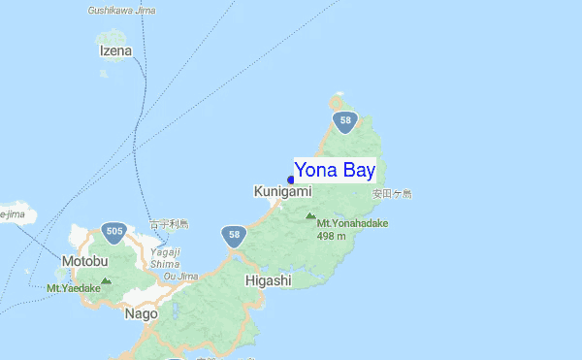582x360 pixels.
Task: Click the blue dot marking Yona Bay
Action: click(291, 180)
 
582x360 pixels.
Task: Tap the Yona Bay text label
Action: click(335, 170)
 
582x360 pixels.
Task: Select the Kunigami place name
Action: click(282, 192)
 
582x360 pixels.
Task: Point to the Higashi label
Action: click(268, 280)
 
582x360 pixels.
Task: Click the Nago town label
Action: click(141, 313)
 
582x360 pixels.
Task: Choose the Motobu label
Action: click(84, 261)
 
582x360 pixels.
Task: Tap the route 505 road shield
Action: click(115, 231)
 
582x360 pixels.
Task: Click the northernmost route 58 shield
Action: click(344, 121)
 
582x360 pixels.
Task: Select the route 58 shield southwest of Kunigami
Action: click(232, 234)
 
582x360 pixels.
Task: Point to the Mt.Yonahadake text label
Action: click(352, 223)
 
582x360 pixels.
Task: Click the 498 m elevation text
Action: click(332, 236)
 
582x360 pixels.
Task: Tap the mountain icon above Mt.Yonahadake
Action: click(310, 217)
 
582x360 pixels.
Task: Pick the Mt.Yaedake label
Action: click(73, 288)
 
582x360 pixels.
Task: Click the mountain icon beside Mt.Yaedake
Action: click(106, 280)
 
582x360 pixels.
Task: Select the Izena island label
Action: click(115, 49)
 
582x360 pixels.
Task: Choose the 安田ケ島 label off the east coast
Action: click(392, 194)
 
